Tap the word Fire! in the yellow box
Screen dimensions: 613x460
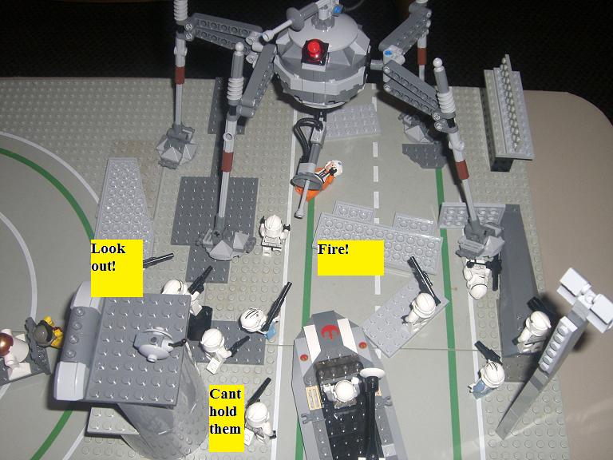click(x=333, y=249)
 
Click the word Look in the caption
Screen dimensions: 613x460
click(x=108, y=249)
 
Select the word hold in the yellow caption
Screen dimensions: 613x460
click(x=223, y=411)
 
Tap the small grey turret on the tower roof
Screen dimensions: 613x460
click(x=153, y=343)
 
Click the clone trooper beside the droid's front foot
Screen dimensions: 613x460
click(x=273, y=235)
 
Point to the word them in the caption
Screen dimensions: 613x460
click(x=224, y=429)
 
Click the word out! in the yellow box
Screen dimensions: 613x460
click(x=103, y=266)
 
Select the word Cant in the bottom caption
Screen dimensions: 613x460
click(x=225, y=394)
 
